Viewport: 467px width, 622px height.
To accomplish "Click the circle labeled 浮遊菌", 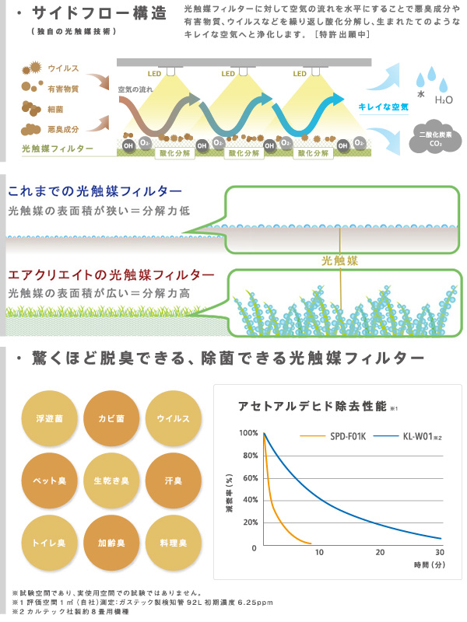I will (50, 419).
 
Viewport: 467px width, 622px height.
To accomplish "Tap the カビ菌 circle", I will (111, 419).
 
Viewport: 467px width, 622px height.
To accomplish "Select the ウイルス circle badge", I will (173, 419).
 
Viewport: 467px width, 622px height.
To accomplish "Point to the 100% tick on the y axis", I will (248, 433).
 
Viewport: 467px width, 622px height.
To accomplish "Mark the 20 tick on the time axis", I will (380, 552).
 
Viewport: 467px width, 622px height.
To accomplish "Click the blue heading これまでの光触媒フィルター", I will (95, 191).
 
